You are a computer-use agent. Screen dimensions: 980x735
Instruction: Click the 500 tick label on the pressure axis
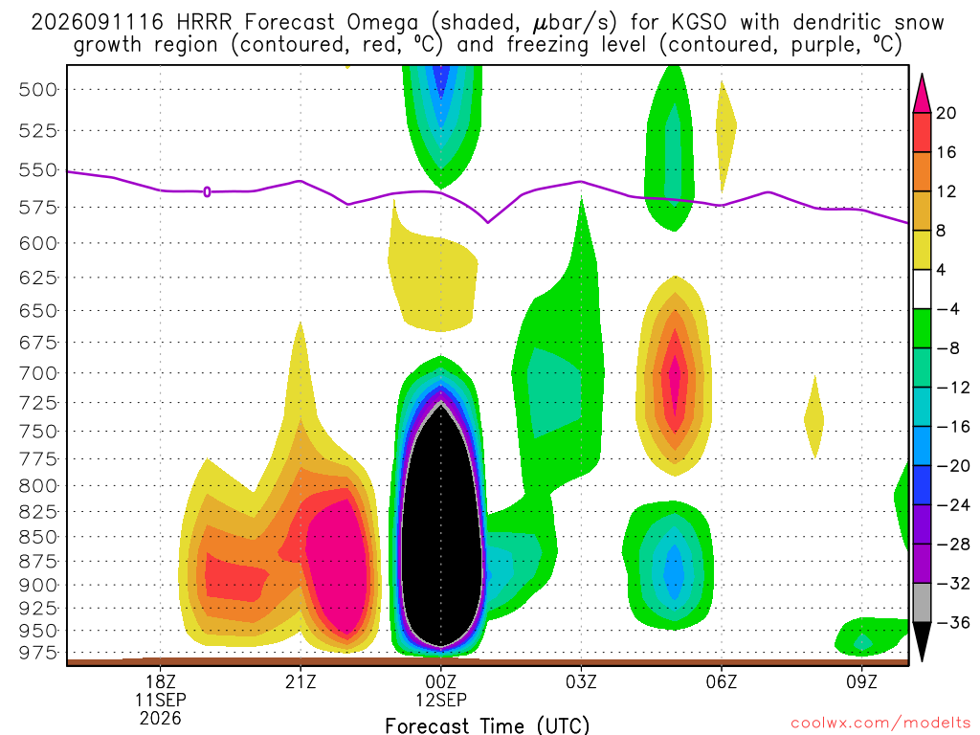click(37, 90)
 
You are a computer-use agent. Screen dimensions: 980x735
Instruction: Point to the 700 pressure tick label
click(37, 374)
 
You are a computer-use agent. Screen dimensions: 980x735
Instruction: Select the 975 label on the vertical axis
click(37, 653)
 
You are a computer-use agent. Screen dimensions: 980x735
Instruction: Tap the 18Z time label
click(161, 681)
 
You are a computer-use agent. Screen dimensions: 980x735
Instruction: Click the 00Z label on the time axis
click(441, 681)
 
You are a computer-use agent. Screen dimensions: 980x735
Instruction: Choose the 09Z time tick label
click(862, 681)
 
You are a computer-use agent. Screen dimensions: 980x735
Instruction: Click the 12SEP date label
click(441, 700)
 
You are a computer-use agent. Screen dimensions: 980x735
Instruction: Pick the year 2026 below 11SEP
click(161, 718)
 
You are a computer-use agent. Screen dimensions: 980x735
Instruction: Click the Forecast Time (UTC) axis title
click(487, 725)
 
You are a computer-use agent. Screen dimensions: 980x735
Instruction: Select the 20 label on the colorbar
click(947, 113)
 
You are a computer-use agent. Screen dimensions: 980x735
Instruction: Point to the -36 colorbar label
click(953, 622)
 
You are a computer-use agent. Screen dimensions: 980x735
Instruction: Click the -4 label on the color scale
click(947, 309)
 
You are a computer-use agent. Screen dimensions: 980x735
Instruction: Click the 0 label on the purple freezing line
click(207, 191)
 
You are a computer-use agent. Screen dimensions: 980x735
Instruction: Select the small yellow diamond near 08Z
click(813, 417)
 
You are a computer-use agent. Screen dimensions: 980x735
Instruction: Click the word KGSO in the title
click(699, 23)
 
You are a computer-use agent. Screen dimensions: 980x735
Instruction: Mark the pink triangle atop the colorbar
click(922, 93)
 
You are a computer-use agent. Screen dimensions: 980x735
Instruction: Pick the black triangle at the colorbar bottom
click(922, 640)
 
